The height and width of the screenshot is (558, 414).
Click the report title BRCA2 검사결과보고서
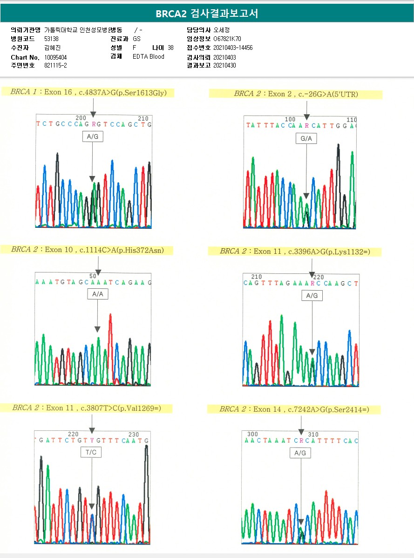[207, 14]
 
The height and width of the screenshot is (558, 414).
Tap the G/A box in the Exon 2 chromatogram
[306, 138]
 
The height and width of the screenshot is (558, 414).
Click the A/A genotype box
[98, 294]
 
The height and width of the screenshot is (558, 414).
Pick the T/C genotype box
[91, 452]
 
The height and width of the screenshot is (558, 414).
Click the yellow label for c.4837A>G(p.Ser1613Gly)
[88, 93]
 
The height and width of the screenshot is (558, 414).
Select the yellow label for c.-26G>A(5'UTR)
[296, 94]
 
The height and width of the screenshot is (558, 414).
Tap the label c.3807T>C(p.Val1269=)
[87, 408]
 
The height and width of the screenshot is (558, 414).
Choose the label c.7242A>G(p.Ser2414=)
[294, 409]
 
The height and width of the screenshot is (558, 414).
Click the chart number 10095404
[55, 57]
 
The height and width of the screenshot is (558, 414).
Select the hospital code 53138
[51, 39]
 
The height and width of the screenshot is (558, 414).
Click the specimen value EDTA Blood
[149, 57]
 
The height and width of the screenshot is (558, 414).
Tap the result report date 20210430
[224, 66]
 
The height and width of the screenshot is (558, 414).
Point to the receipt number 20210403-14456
[233, 48]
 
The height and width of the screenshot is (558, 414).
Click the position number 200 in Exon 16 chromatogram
[81, 118]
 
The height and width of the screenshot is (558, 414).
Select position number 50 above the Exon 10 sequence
[93, 276]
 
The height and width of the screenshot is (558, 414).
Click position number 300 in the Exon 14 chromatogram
[253, 435]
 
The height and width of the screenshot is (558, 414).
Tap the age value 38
[171, 48]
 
